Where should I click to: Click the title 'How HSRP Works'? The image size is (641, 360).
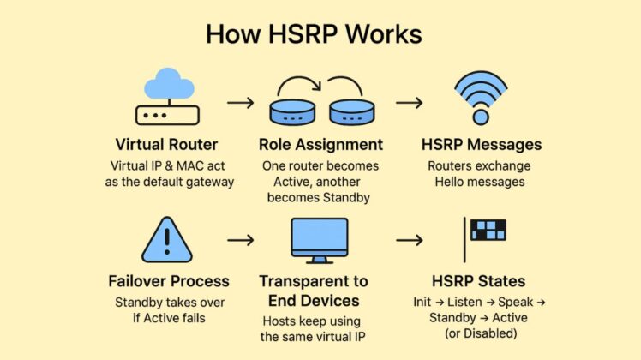pos(314,34)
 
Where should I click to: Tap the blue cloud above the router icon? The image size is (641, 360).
pos(168,84)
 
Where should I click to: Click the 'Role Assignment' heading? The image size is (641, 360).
pos(321,144)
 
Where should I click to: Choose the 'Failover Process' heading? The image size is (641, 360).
pos(169,281)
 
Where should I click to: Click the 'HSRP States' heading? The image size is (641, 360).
pos(478,281)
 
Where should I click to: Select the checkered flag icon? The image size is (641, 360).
pos(487,231)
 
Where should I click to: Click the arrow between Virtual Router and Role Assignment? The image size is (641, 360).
pos(240,103)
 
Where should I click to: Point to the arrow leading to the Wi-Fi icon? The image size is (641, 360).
pos(409,103)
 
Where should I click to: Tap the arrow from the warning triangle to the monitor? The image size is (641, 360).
pos(240,240)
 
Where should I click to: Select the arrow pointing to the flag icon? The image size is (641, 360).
pos(409,240)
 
